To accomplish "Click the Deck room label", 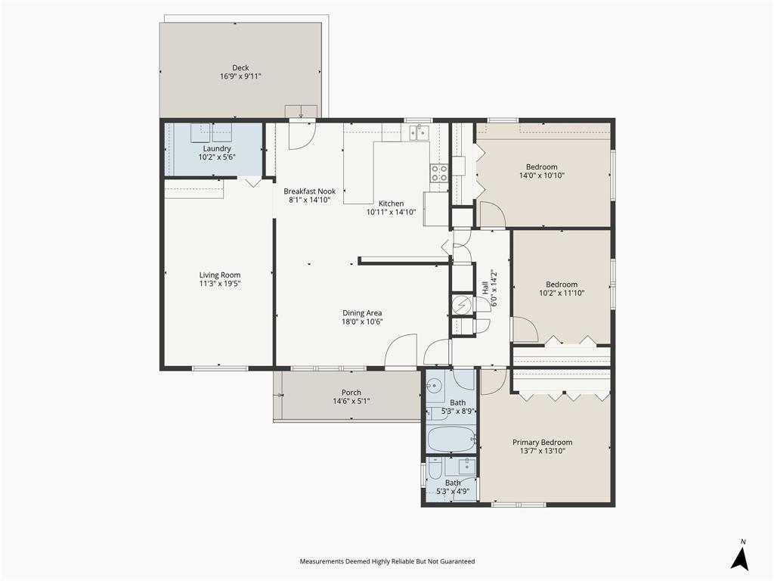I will point(240,67).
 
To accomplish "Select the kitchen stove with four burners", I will point(439,172).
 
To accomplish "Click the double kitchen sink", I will point(418,133).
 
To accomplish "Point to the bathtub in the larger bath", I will point(450,438).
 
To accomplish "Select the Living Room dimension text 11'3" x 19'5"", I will point(220,284).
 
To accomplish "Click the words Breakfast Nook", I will point(309,191).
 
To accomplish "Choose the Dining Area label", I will point(361,312).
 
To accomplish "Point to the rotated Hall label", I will point(485,288).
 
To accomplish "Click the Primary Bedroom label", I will point(542,443).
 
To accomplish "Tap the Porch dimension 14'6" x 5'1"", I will point(351,402).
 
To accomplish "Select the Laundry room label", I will point(216,148).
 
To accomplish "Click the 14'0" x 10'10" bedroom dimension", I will point(542,176).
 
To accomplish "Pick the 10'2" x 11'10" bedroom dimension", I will point(562,293).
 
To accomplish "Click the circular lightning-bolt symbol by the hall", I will point(461,305).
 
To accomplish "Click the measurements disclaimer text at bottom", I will point(387,561).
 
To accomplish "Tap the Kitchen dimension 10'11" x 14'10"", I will point(391,213).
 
